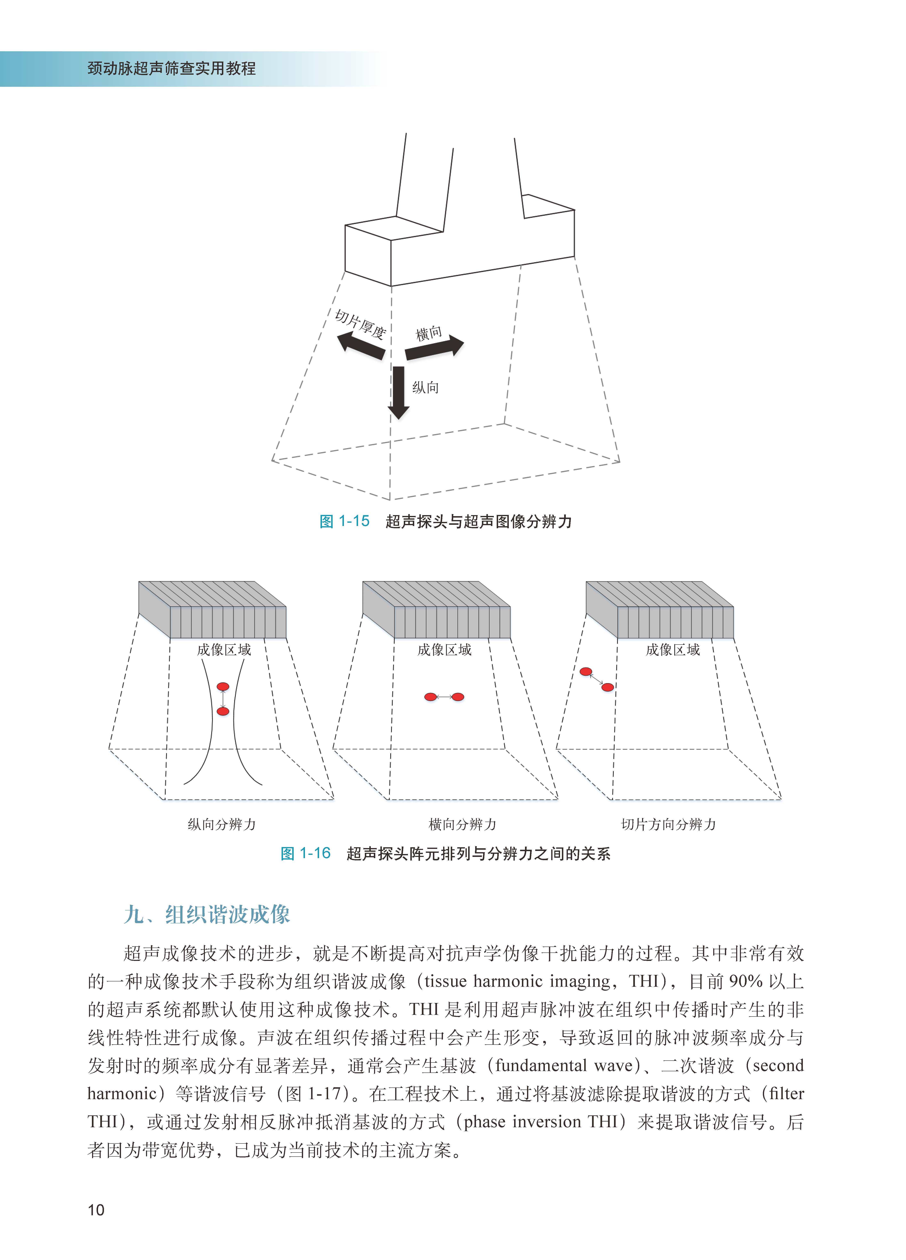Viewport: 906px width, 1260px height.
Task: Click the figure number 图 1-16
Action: click(306, 853)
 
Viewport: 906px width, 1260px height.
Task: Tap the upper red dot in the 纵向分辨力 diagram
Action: click(223, 687)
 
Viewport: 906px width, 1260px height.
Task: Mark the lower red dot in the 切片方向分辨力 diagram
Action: click(608, 687)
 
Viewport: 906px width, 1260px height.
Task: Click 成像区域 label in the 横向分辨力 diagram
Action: click(444, 649)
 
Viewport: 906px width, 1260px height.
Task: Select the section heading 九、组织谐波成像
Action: click(207, 914)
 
